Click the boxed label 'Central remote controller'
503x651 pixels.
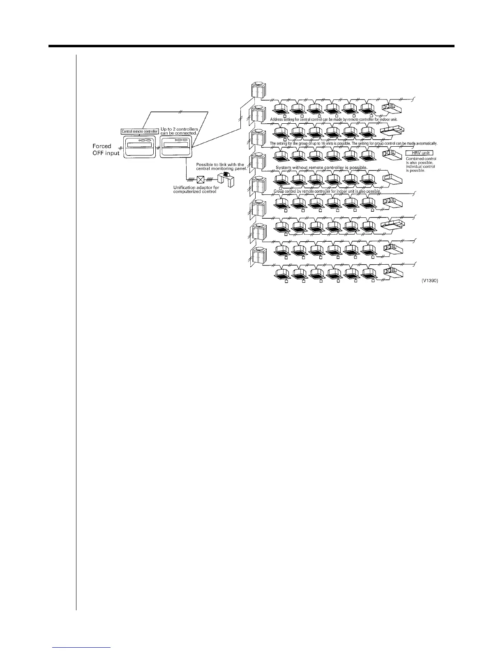pyautogui.click(x=140, y=132)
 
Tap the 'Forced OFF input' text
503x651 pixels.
pyautogui.click(x=106, y=150)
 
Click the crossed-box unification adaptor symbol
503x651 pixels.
pyautogui.click(x=200, y=180)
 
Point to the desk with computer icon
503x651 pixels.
pyautogui.click(x=224, y=178)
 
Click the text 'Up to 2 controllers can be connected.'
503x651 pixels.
pyautogui.click(x=179, y=132)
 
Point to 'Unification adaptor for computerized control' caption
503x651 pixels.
pyautogui.click(x=196, y=189)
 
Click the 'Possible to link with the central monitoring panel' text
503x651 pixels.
pyautogui.click(x=221, y=166)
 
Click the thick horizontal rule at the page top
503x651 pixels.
pyautogui.click(x=251, y=46)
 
